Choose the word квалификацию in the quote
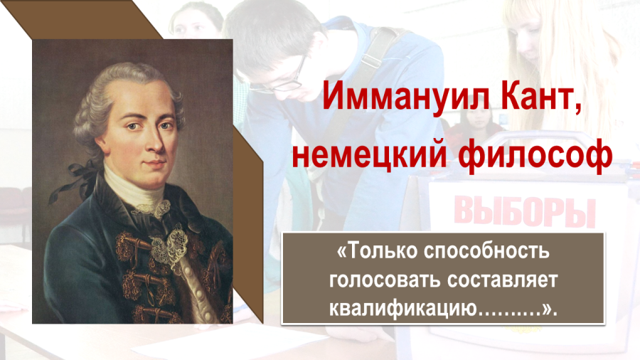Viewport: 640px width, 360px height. point(403,309)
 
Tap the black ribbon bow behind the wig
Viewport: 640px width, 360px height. point(76,180)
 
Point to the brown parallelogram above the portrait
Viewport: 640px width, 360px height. point(82,20)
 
